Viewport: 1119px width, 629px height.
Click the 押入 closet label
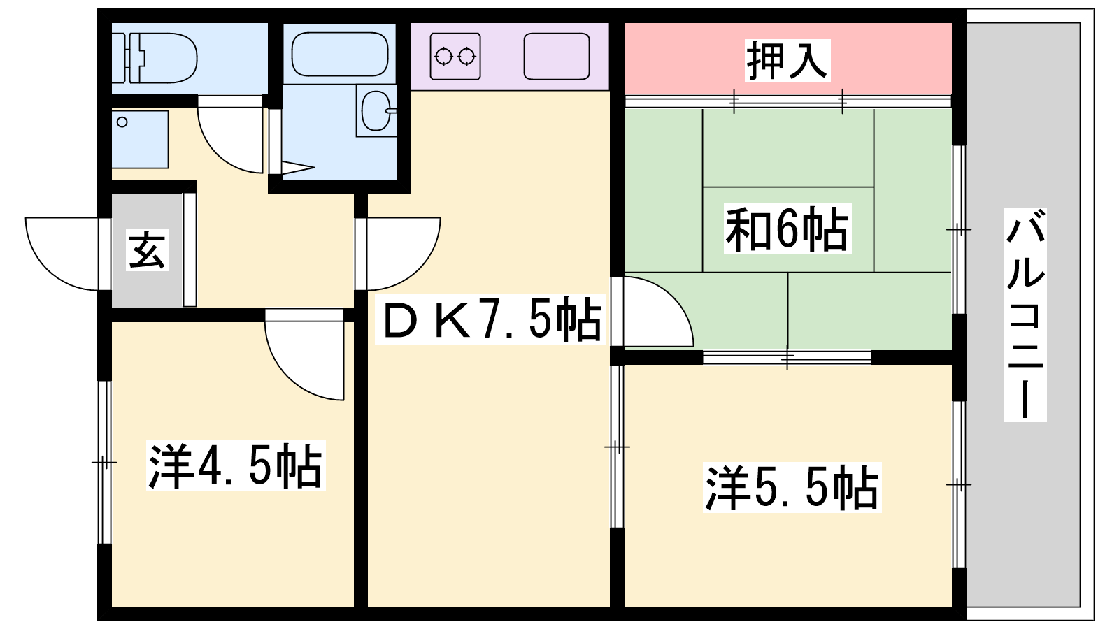[x=787, y=60]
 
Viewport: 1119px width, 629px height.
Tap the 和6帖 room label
[x=787, y=230]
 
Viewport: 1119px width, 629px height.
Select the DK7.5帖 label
[x=490, y=319]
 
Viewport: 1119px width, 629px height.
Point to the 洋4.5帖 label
[x=236, y=465]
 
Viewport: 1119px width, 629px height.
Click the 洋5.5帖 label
[x=792, y=488]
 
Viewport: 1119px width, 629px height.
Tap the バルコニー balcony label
[x=1025, y=315]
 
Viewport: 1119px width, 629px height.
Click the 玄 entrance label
[x=147, y=250]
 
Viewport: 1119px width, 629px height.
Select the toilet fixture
[x=154, y=58]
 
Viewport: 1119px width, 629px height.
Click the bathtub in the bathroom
[x=340, y=55]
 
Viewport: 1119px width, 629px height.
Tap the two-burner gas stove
[x=455, y=57]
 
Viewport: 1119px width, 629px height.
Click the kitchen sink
[x=557, y=57]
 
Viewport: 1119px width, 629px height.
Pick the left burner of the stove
[x=443, y=57]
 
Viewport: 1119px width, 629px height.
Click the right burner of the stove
[x=466, y=57]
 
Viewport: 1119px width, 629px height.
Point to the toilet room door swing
[x=220, y=150]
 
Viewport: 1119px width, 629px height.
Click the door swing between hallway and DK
[x=420, y=270]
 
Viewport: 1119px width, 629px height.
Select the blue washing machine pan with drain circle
[x=140, y=139]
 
